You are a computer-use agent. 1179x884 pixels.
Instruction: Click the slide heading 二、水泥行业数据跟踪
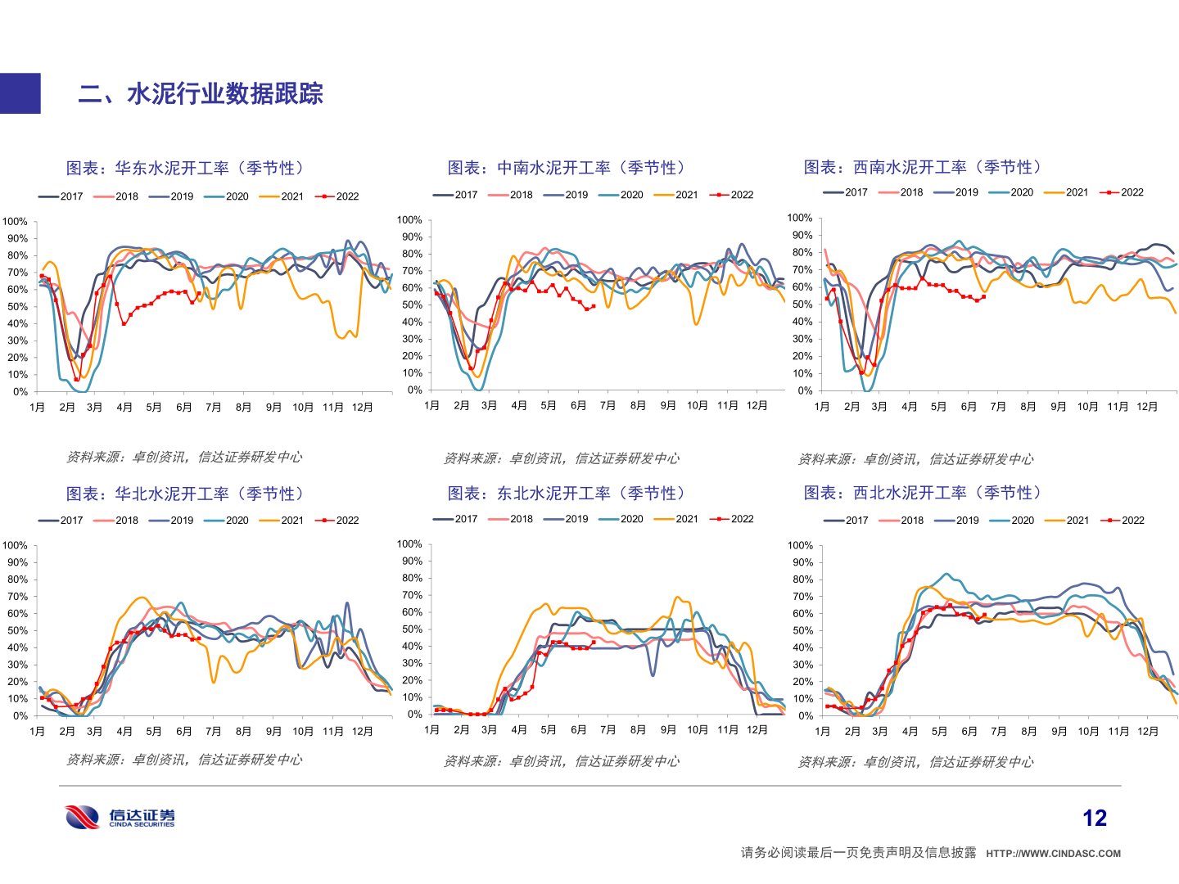[201, 94]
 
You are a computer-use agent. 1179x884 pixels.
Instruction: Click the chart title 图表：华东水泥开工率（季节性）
[186, 168]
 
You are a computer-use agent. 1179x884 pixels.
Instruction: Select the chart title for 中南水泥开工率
[567, 168]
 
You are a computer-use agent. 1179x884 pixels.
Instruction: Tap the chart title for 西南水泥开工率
[923, 167]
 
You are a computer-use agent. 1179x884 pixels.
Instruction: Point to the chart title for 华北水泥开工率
[186, 494]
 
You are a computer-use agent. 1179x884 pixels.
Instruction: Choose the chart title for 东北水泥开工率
[567, 493]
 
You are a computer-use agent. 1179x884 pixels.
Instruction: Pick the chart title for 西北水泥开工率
[923, 492]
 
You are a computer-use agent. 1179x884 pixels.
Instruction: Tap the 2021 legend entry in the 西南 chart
[1067, 192]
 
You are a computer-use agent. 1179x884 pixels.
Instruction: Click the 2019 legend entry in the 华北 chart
[172, 521]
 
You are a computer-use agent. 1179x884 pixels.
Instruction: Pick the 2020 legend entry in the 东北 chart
[621, 519]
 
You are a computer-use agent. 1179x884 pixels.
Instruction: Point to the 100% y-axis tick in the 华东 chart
[15, 222]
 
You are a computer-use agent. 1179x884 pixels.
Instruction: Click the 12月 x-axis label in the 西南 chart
[1147, 407]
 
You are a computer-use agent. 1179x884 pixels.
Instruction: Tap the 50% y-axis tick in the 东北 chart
[411, 629]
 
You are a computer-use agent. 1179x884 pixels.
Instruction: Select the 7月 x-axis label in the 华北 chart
[213, 732]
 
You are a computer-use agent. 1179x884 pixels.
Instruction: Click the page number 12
[1094, 818]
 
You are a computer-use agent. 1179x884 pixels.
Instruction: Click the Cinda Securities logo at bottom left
[120, 817]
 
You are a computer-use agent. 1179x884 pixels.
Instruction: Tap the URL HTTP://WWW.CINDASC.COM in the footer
[1053, 854]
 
